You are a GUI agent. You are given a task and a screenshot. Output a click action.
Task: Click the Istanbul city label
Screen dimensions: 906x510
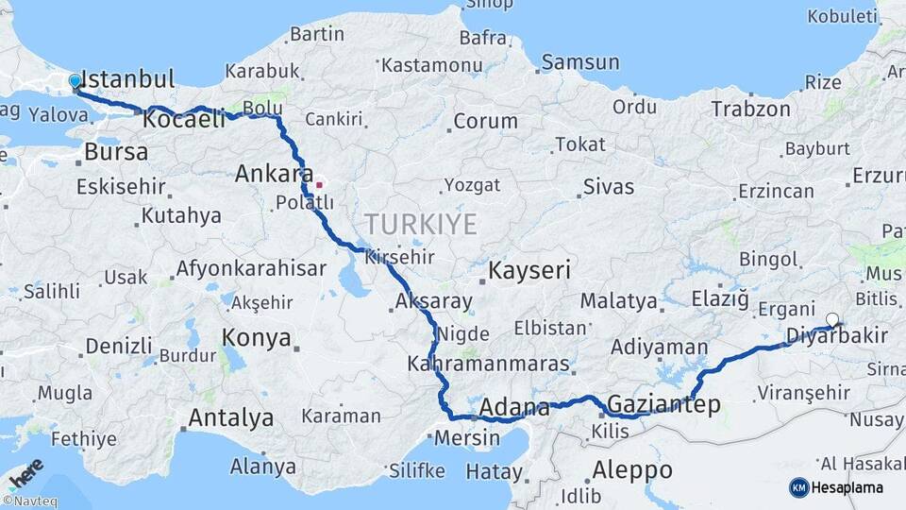(x=128, y=78)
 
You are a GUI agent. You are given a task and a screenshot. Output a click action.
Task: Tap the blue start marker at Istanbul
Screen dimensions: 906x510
(x=75, y=83)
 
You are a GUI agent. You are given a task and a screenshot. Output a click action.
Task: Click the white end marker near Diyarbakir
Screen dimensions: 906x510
(x=832, y=319)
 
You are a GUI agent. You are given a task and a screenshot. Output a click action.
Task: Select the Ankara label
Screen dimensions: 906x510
(x=274, y=174)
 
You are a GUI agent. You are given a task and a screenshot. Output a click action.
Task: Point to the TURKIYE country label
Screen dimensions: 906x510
(x=421, y=224)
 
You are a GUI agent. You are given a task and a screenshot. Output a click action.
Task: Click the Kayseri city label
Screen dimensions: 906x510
(x=529, y=271)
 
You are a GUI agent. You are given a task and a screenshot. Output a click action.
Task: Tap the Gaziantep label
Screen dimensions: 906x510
(x=664, y=405)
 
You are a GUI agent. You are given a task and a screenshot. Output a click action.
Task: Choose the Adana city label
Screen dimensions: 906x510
(x=514, y=408)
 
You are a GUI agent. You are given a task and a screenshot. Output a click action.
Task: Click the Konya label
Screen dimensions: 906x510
(x=256, y=337)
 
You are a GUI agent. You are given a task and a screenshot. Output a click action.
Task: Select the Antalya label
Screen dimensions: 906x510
(x=231, y=417)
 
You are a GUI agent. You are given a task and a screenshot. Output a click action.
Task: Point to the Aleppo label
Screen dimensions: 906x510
(x=632, y=469)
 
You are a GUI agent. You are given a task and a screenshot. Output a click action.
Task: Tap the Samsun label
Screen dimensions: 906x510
(x=579, y=62)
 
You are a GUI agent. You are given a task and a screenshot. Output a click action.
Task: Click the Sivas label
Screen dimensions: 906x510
(x=609, y=186)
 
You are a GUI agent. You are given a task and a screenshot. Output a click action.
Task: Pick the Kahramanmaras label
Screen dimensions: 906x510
(x=488, y=364)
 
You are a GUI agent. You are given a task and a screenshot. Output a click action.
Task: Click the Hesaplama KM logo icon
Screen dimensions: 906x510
(x=799, y=487)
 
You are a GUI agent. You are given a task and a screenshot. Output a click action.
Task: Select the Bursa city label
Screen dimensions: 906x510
(x=116, y=151)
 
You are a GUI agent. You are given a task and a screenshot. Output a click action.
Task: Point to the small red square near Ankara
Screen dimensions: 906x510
(x=319, y=185)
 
